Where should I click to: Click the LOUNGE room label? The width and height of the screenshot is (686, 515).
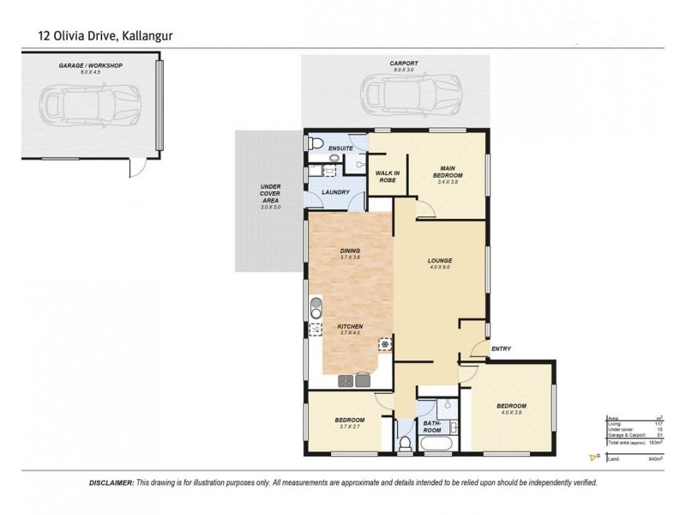tap(440, 260)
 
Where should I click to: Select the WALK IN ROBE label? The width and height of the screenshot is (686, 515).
tap(388, 176)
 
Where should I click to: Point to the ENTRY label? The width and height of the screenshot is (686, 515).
tap(502, 348)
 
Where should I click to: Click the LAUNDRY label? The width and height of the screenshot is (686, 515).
tap(335, 192)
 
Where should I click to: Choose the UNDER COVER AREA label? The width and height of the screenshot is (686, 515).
tap(270, 196)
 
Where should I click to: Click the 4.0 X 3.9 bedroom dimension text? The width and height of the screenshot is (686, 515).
tap(511, 413)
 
